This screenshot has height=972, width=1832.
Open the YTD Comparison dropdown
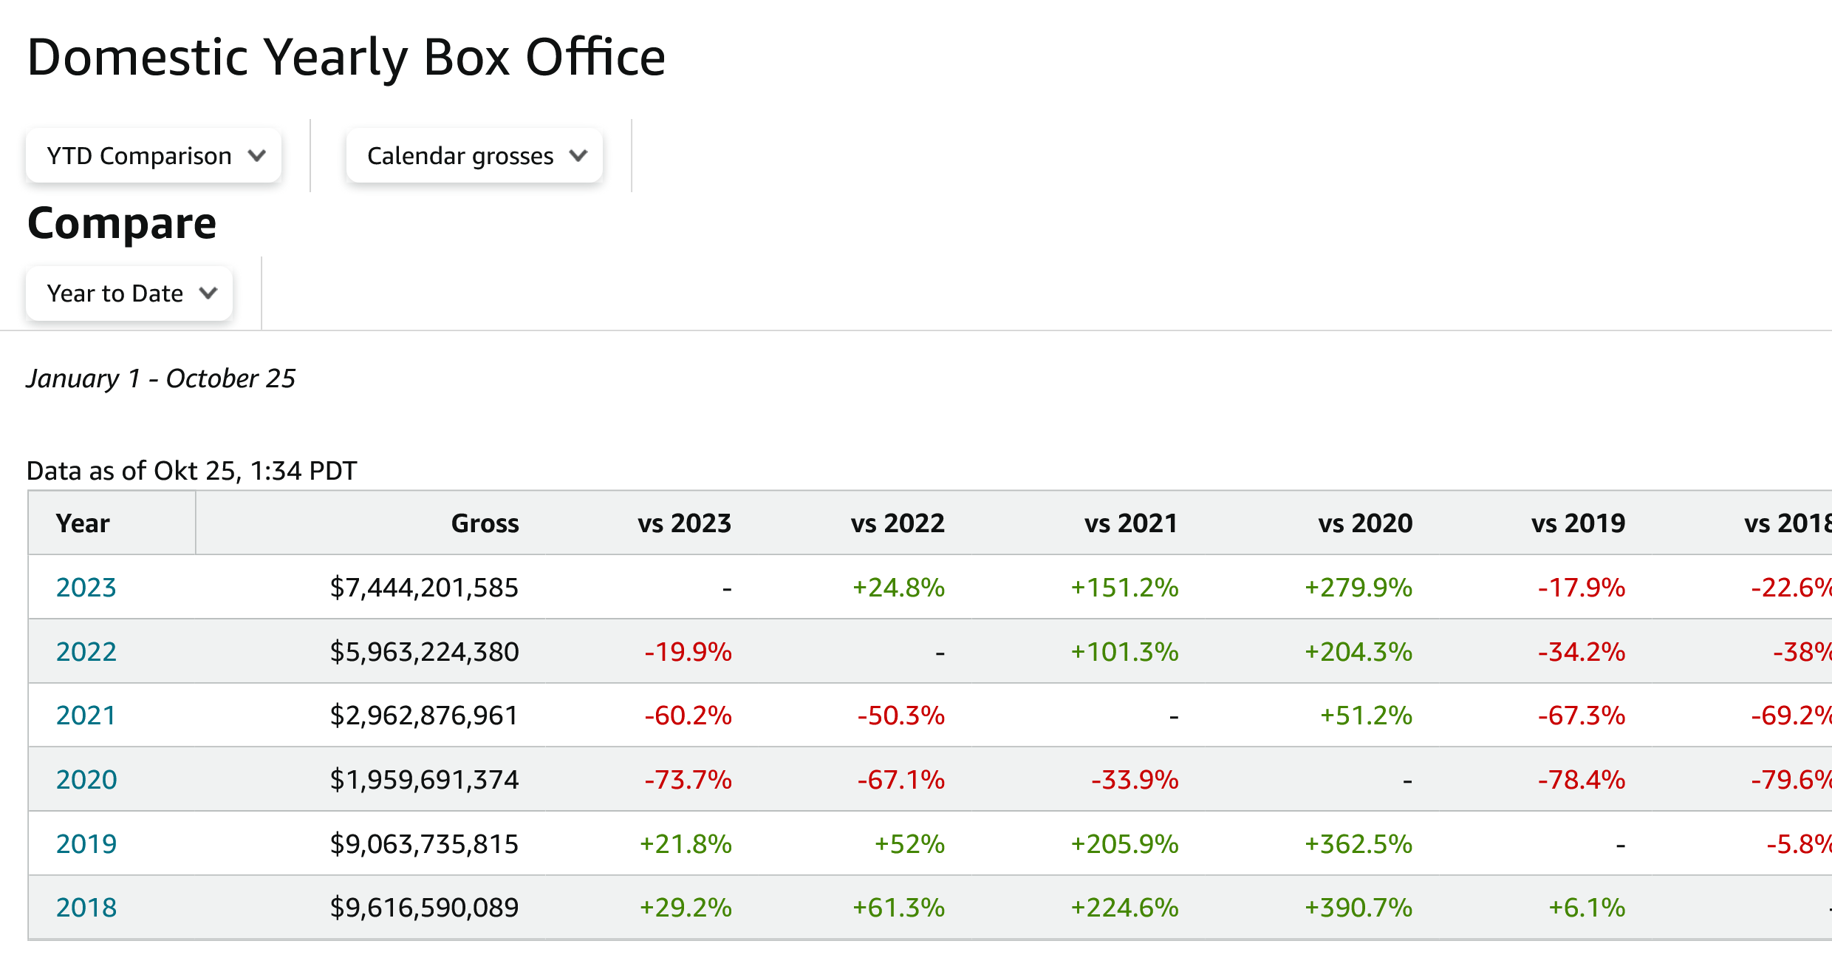(154, 156)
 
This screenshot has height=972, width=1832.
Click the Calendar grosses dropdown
(474, 156)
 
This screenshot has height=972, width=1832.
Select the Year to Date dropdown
(129, 293)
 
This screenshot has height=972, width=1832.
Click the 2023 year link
(86, 588)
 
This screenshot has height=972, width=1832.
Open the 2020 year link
(86, 780)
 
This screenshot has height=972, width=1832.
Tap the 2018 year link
(86, 908)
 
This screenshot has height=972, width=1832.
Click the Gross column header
(485, 523)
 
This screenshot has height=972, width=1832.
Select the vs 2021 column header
(1130, 523)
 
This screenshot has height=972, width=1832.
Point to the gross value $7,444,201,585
(424, 588)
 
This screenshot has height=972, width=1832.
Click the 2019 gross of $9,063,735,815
(424, 844)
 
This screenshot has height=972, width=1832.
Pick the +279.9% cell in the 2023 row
(1358, 588)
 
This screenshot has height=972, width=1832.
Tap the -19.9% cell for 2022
(688, 652)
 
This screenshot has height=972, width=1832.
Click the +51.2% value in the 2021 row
(1366, 716)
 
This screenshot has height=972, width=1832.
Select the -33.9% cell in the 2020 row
(1135, 780)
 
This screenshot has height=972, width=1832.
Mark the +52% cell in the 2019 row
(909, 844)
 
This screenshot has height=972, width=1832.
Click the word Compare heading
(122, 223)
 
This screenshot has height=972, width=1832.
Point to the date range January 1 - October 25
(161, 378)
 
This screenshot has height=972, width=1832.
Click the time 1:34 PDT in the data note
(303, 471)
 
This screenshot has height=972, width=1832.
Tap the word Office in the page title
(595, 57)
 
